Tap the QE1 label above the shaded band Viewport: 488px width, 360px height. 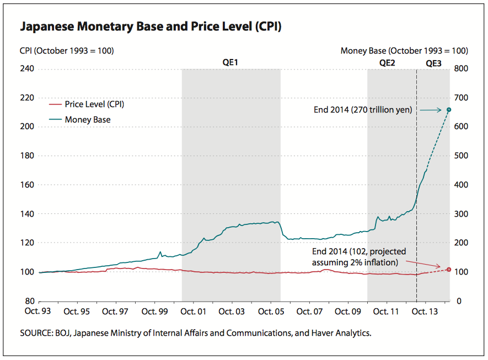click(x=230, y=63)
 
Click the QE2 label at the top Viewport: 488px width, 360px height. click(x=387, y=63)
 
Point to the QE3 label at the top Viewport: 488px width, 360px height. click(x=433, y=63)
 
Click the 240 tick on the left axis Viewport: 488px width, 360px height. click(x=27, y=69)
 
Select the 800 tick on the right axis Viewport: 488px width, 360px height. click(x=461, y=69)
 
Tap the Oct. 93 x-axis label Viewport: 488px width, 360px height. click(x=37, y=311)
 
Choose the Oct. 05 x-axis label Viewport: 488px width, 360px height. click(x=270, y=311)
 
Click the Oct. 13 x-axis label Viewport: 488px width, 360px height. click(x=425, y=311)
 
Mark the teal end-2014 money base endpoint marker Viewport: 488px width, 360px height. click(x=449, y=110)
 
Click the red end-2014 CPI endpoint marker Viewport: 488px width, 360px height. click(x=449, y=270)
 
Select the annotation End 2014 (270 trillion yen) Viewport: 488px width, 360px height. click(x=362, y=110)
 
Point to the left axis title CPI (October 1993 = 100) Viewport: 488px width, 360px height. click(x=67, y=51)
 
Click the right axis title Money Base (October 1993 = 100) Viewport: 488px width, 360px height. click(x=404, y=51)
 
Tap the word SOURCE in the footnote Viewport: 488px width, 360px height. click(x=35, y=333)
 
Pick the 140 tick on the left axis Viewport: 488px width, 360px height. click(x=27, y=214)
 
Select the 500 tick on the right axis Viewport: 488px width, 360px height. click(x=461, y=156)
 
